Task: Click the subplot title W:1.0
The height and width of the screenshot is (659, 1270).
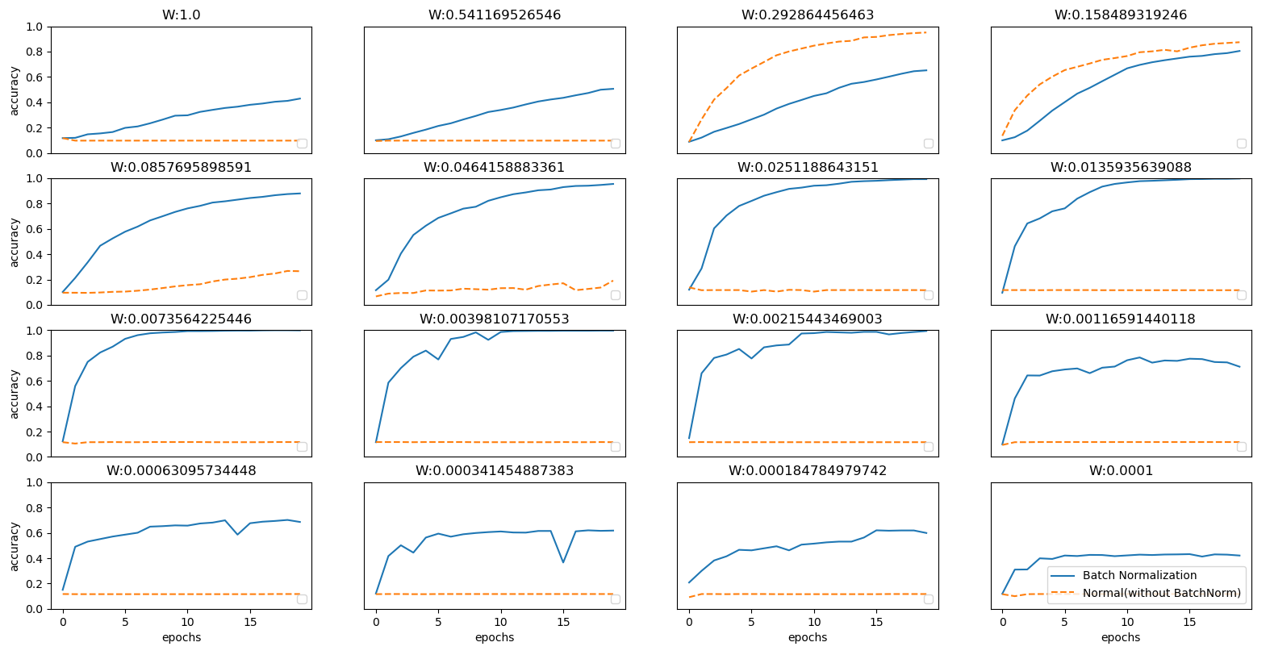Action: (181, 15)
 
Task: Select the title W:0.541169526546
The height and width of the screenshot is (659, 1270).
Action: (495, 15)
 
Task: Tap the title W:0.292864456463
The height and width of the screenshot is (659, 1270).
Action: (808, 15)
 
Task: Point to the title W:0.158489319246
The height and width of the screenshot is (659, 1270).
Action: (1121, 15)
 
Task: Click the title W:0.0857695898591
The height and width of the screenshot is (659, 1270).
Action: (181, 168)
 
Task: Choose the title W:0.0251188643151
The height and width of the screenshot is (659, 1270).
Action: (808, 168)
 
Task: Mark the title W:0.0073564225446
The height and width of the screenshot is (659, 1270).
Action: (181, 319)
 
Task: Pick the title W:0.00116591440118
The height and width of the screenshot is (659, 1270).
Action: (1121, 319)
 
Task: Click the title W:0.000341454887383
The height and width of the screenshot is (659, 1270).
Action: (495, 471)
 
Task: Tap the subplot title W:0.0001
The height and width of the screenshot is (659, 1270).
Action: (1121, 471)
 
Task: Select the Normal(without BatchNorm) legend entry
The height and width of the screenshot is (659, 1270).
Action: (1161, 594)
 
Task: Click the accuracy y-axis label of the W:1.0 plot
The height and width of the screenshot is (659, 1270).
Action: (15, 90)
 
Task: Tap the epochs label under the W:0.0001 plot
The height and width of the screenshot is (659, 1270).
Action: (1121, 638)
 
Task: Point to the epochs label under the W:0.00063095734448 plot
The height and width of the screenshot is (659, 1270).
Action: (181, 638)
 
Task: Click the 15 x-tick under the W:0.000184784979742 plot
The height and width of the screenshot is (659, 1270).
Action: (876, 622)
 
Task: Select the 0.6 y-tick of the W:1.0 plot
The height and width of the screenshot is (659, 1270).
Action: (34, 77)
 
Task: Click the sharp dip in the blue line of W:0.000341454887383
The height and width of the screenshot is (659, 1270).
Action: (563, 562)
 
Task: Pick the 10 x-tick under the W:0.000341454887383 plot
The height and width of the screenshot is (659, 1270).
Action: (501, 622)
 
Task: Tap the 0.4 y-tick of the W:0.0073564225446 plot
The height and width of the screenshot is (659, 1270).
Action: (34, 407)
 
